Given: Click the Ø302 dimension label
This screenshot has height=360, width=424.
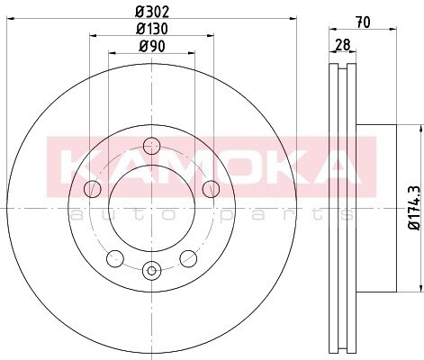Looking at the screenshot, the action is (152, 12).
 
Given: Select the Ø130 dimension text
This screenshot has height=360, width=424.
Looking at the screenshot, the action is (152, 29).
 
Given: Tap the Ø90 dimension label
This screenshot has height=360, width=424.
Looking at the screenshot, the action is (152, 46).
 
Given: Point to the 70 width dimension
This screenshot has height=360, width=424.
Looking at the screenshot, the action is (363, 22).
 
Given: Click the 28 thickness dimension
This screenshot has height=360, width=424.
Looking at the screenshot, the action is (343, 45).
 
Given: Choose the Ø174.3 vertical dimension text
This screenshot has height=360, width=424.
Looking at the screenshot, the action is (414, 208).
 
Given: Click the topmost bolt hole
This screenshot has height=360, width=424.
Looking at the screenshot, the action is (151, 146).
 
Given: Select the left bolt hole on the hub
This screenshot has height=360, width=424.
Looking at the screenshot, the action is (92, 189).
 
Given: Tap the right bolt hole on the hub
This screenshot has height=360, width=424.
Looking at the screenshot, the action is (211, 189).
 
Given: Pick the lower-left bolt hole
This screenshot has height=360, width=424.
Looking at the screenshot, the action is (115, 258).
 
